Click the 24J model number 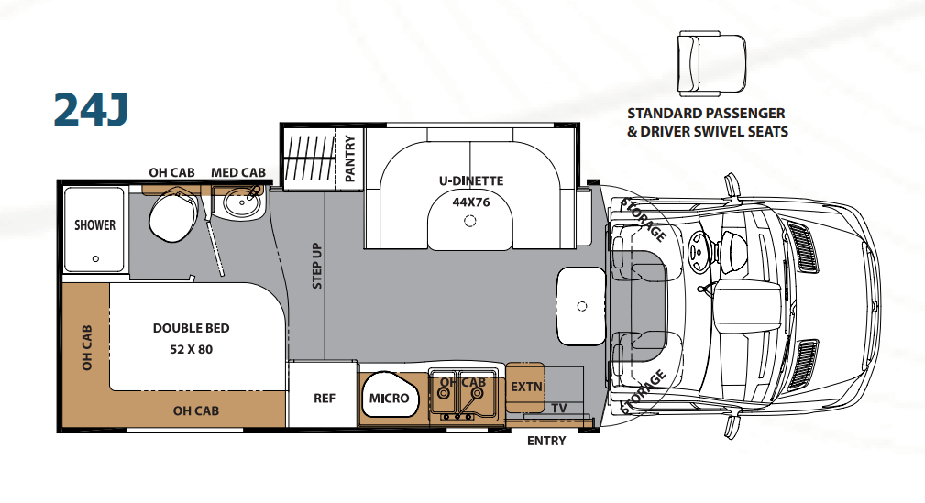click(x=91, y=110)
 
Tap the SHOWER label click(x=94, y=224)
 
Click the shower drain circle click(x=95, y=259)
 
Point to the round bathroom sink click(x=242, y=204)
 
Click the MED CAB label click(x=238, y=172)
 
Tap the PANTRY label click(x=350, y=159)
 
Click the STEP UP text click(x=317, y=266)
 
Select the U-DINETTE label click(x=471, y=181)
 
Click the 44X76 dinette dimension click(x=471, y=202)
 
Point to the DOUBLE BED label click(x=191, y=328)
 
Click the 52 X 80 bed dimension click(x=191, y=349)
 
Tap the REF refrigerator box click(x=324, y=395)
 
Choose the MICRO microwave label click(x=389, y=398)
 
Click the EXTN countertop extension click(x=525, y=388)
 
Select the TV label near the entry click(x=559, y=408)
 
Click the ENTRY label click(x=546, y=441)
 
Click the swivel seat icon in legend click(x=711, y=63)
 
